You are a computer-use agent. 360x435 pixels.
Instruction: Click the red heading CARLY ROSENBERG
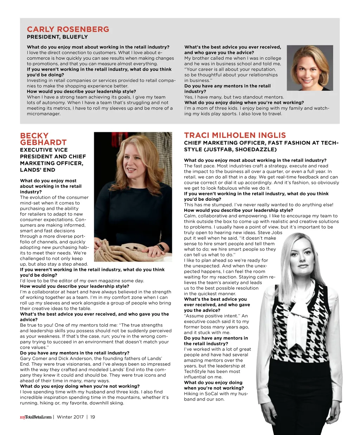pyautogui.click(x=68, y=29)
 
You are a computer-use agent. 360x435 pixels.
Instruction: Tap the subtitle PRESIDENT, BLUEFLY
pyautogui.click(x=57, y=37)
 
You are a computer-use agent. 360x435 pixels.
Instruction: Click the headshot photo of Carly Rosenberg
pyautogui.click(x=310, y=68)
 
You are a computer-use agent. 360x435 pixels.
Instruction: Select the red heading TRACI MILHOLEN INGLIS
pyautogui.click(x=235, y=135)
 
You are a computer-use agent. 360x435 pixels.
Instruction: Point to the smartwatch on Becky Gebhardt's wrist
pyautogui.click(x=161, y=248)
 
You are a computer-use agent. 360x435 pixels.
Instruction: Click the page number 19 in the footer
pyautogui.click(x=92, y=417)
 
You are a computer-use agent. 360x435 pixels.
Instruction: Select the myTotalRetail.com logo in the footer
pyautogui.click(x=36, y=417)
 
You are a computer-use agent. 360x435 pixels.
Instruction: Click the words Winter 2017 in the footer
pyautogui.click(x=70, y=417)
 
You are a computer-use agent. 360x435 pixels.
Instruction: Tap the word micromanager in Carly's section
pyautogui.click(x=44, y=114)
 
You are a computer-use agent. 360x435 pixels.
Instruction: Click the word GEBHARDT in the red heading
pyautogui.click(x=43, y=142)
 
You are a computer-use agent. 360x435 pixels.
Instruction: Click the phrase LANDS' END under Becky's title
pyautogui.click(x=38, y=170)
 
